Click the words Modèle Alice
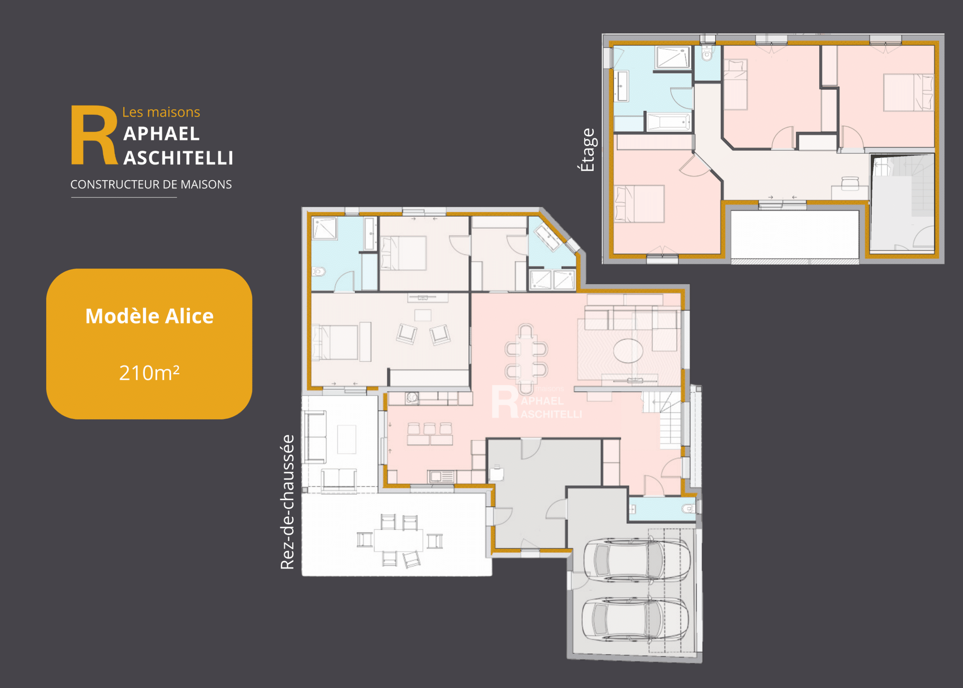pos(150,316)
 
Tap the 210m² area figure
pos(149,373)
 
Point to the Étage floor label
pos(588,150)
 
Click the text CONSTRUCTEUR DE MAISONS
pos(151,184)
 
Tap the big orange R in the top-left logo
pos(94,135)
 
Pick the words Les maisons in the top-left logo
pos(161,112)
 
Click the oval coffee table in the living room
pos(628,350)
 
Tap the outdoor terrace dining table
pos(398,540)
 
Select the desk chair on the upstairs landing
pos(850,184)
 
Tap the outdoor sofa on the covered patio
pos(315,436)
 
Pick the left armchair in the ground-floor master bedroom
pos(407,333)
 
